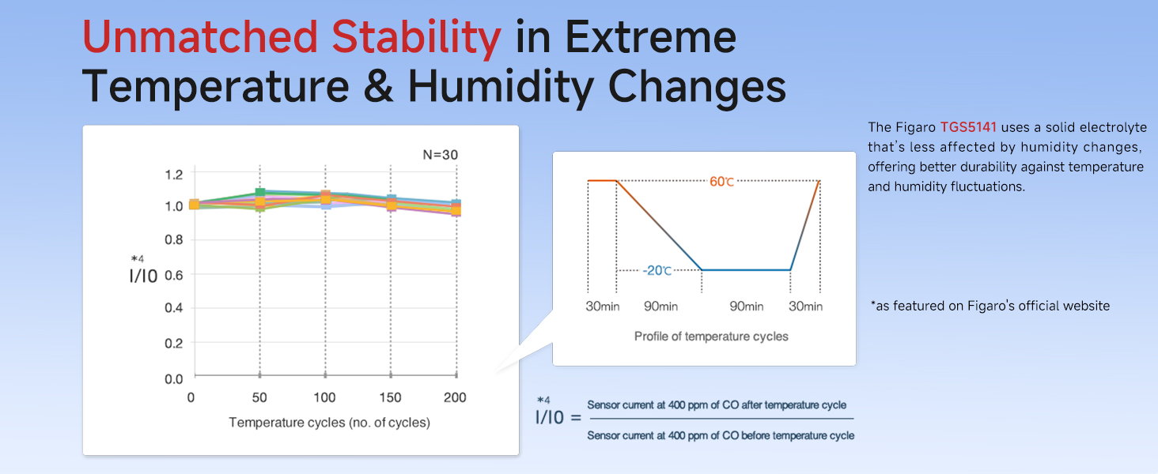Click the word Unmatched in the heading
coord(201,37)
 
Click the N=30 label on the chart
coord(440,155)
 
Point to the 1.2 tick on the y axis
coord(174,174)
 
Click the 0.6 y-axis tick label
coord(174,274)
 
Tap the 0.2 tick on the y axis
coord(174,344)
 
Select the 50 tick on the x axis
coord(259,397)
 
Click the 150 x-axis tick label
coord(390,397)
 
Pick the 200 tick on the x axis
coord(455,397)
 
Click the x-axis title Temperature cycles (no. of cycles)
coord(329,423)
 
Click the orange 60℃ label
coord(722,182)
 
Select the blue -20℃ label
coord(657,270)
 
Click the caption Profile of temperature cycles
coord(711,337)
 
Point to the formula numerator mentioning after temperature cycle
coord(721,405)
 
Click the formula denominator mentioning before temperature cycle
coord(721,435)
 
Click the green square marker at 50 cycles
coord(260,193)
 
